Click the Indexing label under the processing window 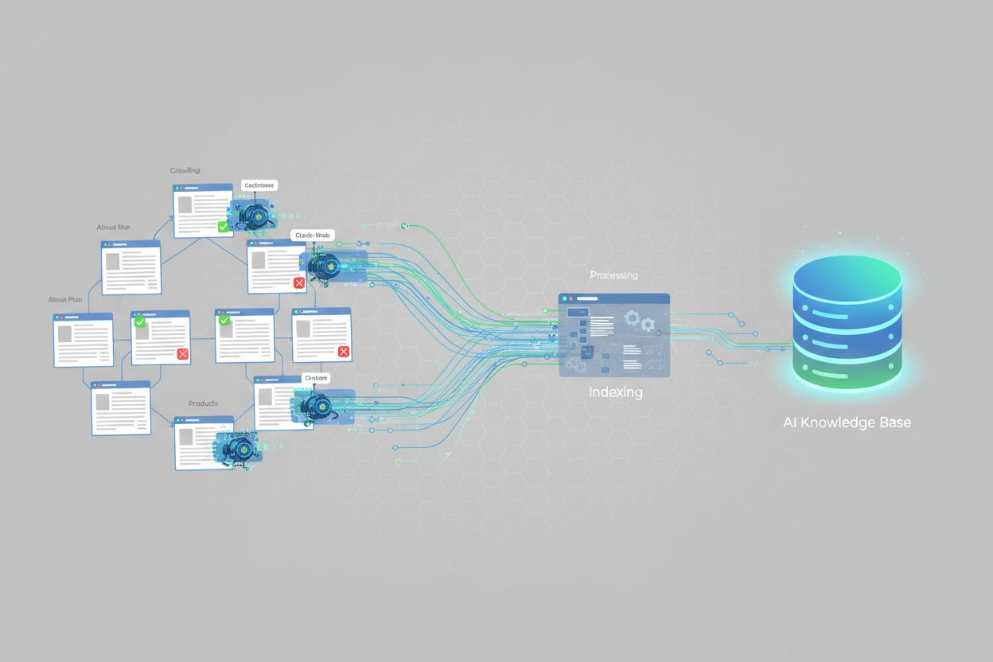coord(615,392)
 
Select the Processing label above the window coord(613,275)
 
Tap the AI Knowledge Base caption coord(847,423)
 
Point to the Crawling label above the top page coord(185,170)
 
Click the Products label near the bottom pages coord(203,403)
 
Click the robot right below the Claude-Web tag coord(325,265)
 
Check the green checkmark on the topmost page coord(224,227)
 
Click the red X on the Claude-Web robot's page coord(299,282)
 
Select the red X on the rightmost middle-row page coord(344,352)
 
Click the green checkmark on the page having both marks coord(140,322)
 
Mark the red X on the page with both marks coord(182,354)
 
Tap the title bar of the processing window coord(614,299)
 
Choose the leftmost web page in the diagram coord(83,340)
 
